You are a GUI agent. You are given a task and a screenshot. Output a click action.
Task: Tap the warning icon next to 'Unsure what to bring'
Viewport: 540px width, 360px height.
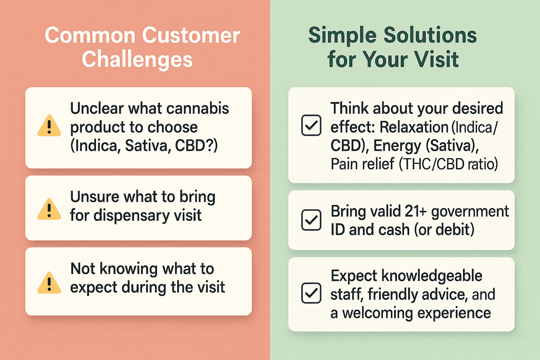click(x=49, y=208)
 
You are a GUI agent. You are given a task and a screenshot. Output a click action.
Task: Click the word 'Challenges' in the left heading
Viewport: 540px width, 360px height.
click(x=137, y=59)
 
